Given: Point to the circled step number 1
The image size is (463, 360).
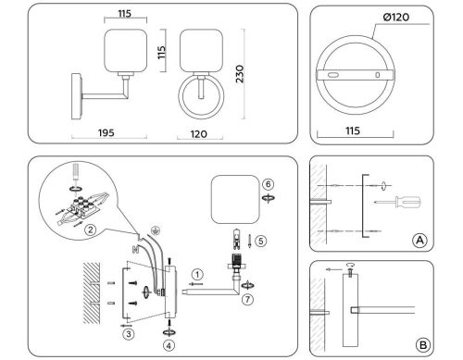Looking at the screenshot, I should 197,273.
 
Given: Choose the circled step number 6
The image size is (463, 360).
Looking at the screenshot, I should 269,184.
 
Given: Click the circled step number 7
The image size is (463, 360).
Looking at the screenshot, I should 246,301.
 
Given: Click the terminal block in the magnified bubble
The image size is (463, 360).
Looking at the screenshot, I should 88,202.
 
